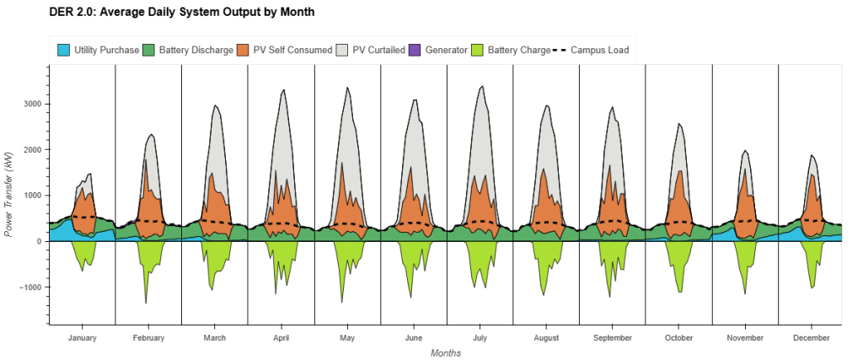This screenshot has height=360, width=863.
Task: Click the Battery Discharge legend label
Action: pyautogui.click(x=196, y=51)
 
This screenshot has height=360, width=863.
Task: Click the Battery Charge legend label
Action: pyautogui.click(x=518, y=51)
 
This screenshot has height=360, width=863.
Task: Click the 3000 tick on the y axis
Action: pyautogui.click(x=31, y=105)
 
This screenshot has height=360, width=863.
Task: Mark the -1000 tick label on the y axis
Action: pyautogui.click(x=29, y=287)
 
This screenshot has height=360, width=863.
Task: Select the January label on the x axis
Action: pyautogui.click(x=82, y=338)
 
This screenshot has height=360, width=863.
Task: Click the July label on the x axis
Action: pyautogui.click(x=480, y=338)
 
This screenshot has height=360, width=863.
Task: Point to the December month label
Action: pyautogui.click(x=811, y=338)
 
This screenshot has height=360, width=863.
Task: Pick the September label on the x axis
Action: pyautogui.click(x=612, y=338)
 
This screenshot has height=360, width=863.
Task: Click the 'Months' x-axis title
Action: pyautogui.click(x=446, y=353)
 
